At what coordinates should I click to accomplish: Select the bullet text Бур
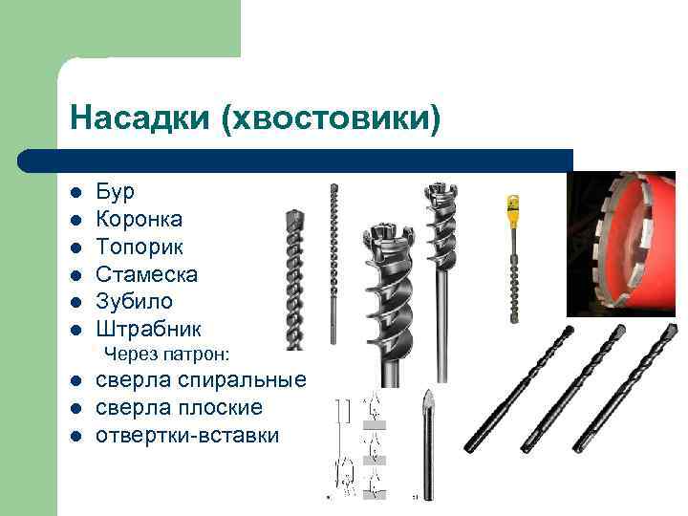[x=115, y=191]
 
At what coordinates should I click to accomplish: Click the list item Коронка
[x=140, y=219]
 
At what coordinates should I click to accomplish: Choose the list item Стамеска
[x=146, y=274]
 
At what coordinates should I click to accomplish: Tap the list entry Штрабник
[x=148, y=330]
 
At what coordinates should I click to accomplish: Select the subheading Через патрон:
[x=167, y=355]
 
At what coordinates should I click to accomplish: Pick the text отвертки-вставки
[x=187, y=436]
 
